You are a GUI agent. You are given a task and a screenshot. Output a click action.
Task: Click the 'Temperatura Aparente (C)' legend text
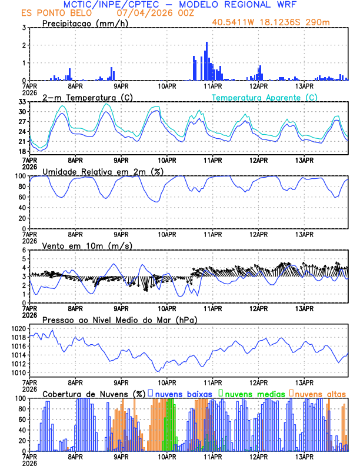click(x=265, y=97)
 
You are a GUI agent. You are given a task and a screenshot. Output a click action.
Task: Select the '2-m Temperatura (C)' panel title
click(x=82, y=97)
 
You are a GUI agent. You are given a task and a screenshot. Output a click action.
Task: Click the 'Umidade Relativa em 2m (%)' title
click(x=104, y=171)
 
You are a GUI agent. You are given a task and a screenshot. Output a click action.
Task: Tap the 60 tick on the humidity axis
click(x=22, y=197)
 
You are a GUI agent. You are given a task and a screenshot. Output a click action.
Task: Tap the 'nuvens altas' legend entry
click(x=319, y=393)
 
